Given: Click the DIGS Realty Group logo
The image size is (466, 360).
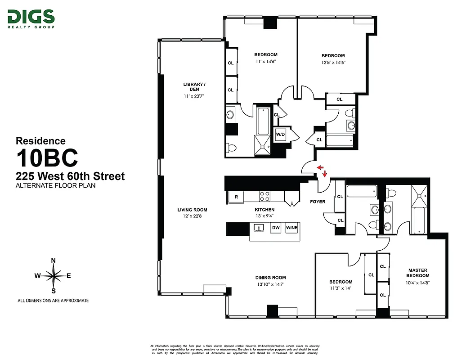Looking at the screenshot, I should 31,19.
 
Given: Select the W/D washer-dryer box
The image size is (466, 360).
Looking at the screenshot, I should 280,134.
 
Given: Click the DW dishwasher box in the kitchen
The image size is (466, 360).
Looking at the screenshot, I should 276,228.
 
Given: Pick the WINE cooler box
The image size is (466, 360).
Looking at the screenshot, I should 291,228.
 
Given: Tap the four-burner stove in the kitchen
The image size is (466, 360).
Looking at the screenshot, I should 264,196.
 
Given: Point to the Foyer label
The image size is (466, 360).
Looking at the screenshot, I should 318,202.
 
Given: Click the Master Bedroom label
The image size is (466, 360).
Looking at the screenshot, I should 418,273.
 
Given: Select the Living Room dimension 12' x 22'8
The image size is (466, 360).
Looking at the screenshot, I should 192,217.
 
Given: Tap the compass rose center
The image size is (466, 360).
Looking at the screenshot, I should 54,276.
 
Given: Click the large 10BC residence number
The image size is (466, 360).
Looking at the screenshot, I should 47,158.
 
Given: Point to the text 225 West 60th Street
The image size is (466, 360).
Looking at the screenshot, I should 70,176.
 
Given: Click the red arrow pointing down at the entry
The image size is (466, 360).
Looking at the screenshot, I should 325,174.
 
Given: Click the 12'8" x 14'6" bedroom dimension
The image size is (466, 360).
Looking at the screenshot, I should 333,63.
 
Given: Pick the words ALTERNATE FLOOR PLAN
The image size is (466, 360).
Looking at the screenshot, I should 56,185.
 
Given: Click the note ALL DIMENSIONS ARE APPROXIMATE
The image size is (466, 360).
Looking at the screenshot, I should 53,300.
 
